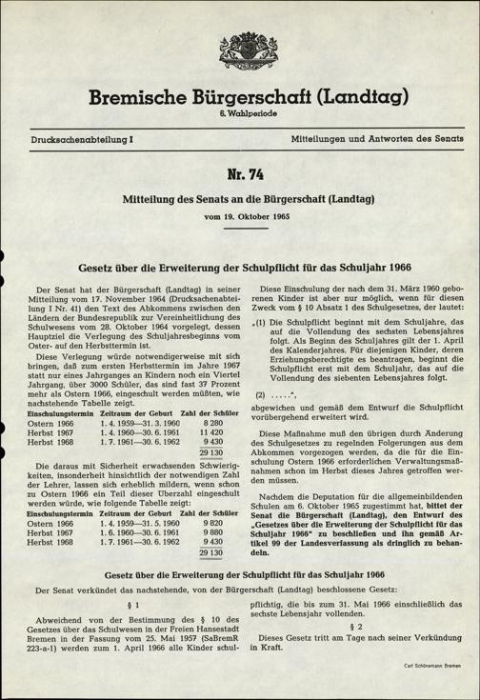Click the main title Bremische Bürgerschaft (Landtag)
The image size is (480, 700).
click(x=240, y=96)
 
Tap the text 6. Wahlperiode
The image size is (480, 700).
click(x=240, y=114)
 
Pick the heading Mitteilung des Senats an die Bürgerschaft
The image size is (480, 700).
click(x=240, y=200)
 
